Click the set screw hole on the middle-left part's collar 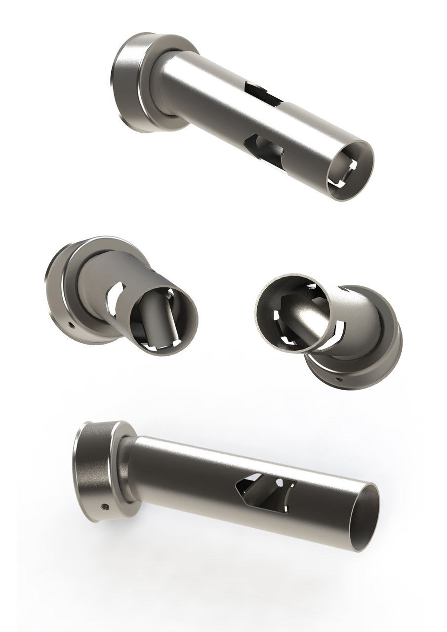tap(71, 324)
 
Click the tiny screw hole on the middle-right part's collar tap(338, 380)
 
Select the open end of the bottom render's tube tap(364, 516)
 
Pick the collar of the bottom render tap(96, 469)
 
